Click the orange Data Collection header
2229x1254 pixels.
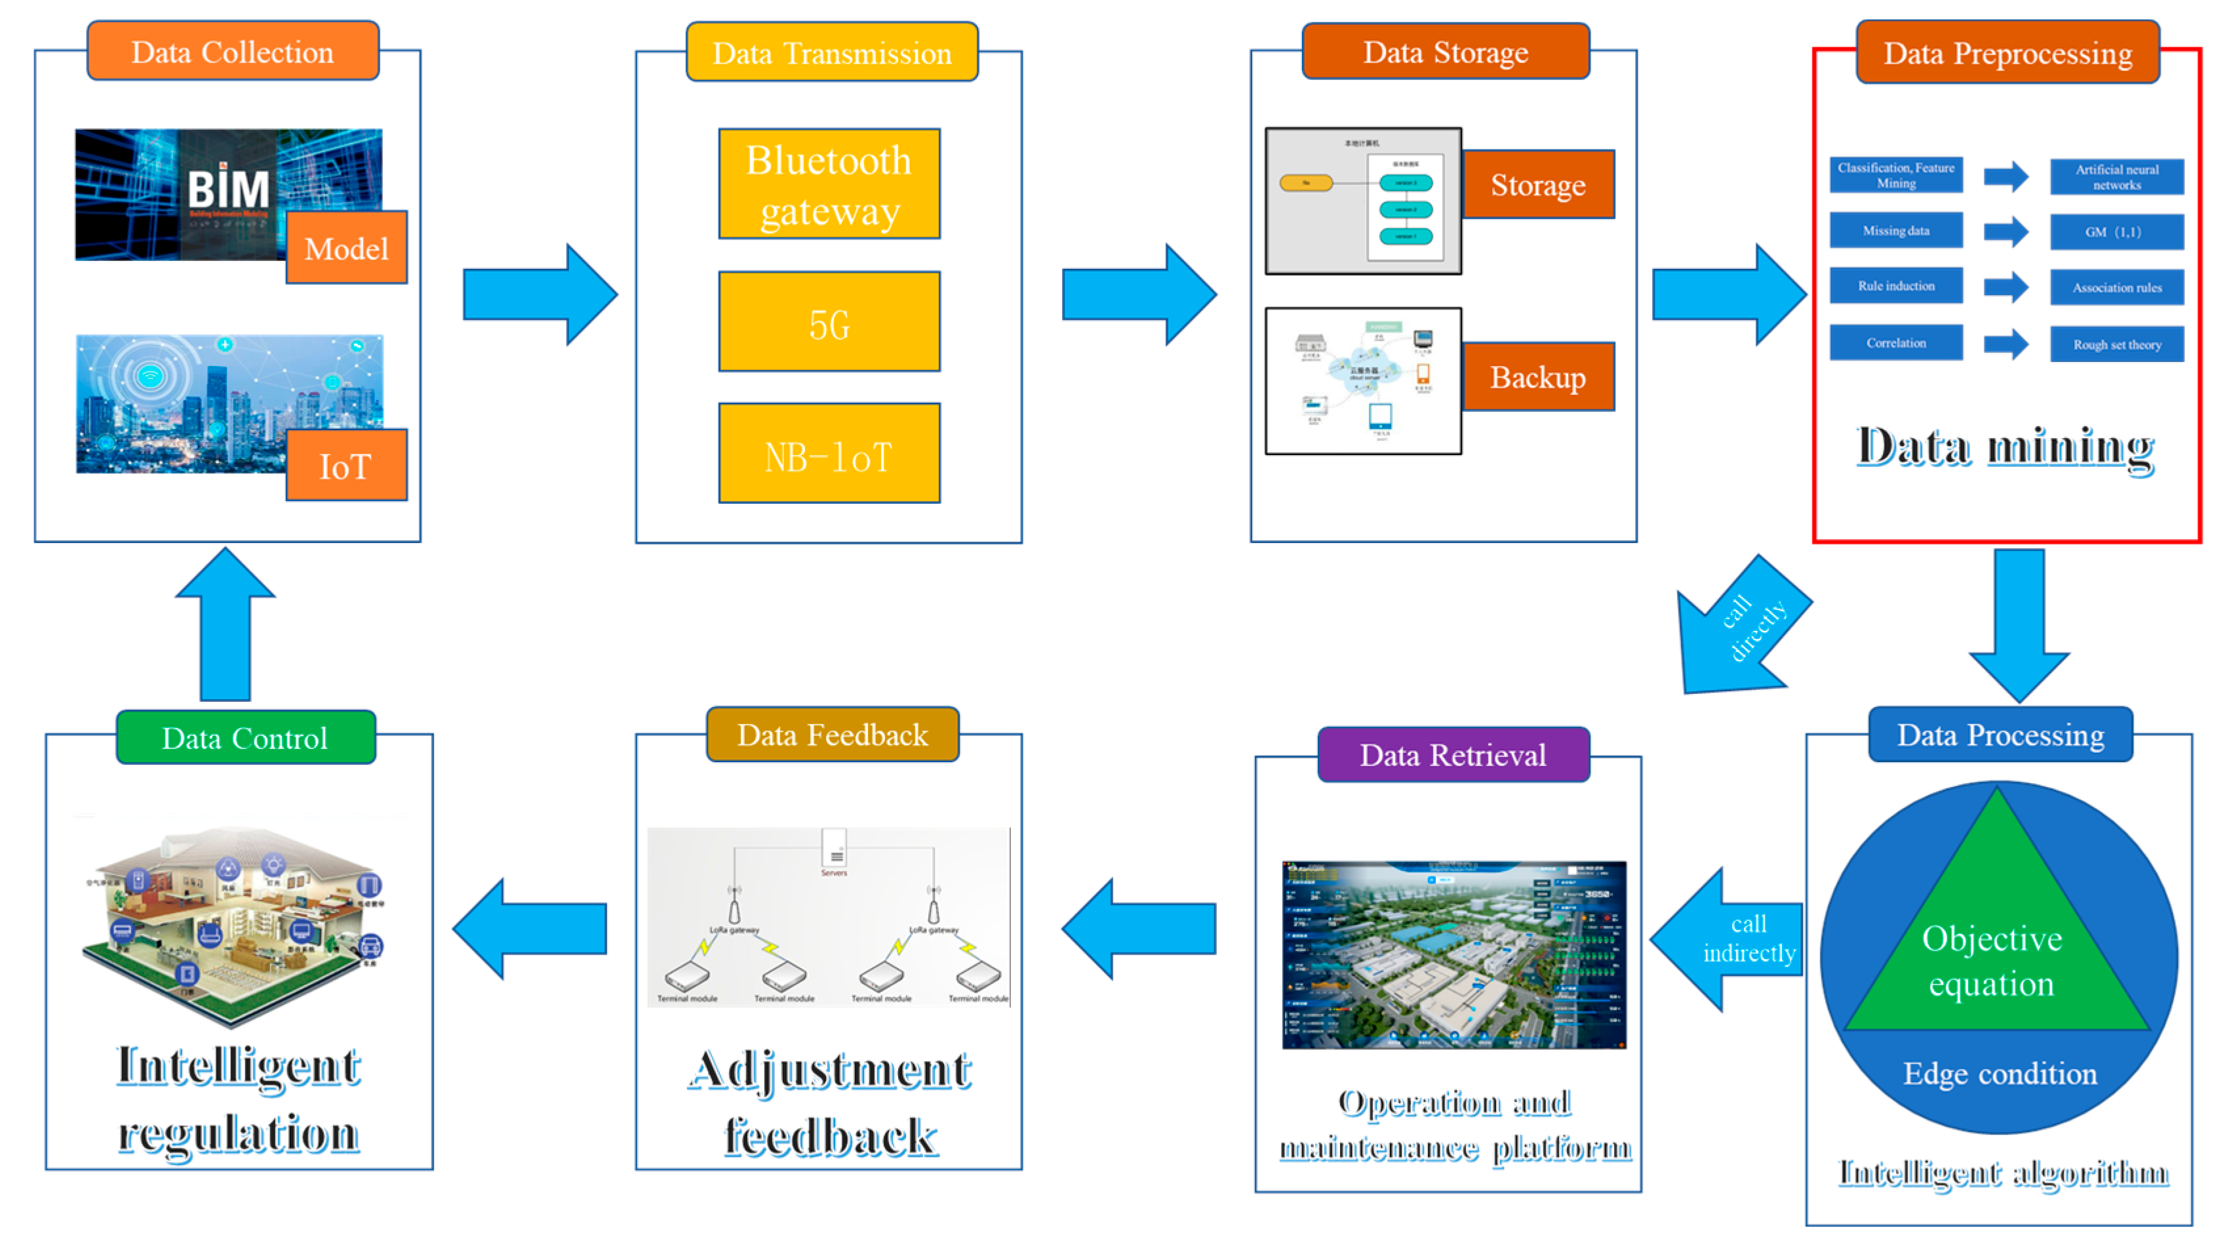233,52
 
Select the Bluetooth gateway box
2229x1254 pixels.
829,184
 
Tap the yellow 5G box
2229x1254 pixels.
829,322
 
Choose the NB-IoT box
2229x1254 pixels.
829,453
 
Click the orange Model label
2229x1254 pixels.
346,249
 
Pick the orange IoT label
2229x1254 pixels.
346,466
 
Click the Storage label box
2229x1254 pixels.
1537,185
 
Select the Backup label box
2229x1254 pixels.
1537,377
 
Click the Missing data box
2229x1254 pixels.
1896,231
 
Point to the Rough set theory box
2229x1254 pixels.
2116,344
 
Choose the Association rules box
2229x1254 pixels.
2116,287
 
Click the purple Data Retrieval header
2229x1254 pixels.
1453,756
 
